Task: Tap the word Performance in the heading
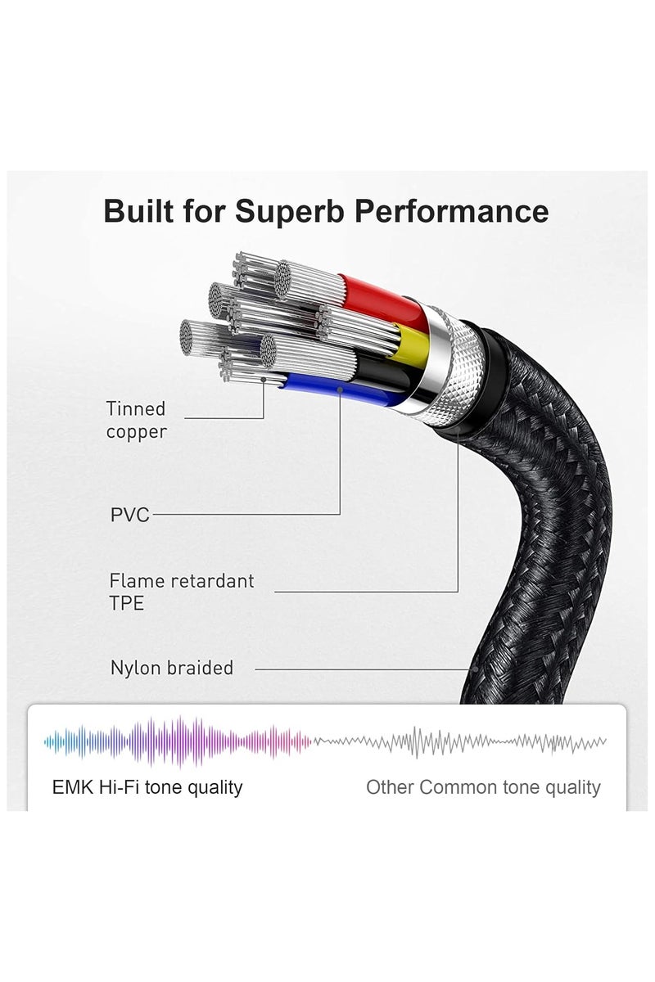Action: point(451,211)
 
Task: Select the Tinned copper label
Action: point(136,420)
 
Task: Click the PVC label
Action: point(130,515)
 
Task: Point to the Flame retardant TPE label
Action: point(182,592)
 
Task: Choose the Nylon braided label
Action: point(172,668)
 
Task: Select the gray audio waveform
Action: point(459,742)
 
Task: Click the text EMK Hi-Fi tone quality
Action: point(147,787)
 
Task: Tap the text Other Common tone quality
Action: point(483,787)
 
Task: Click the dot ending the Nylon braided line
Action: point(476,669)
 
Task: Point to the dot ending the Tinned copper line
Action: point(264,379)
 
